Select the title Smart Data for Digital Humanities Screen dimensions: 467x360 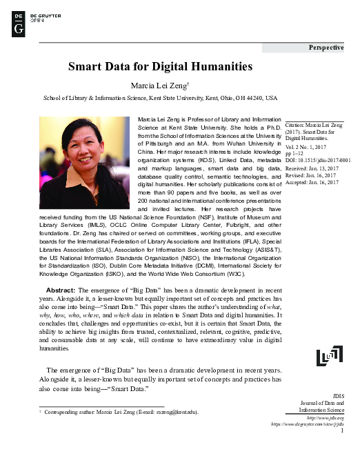160,67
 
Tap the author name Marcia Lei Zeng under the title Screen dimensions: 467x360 160,86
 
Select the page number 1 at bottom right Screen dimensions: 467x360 341,431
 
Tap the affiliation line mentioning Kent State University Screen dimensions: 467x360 160,99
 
